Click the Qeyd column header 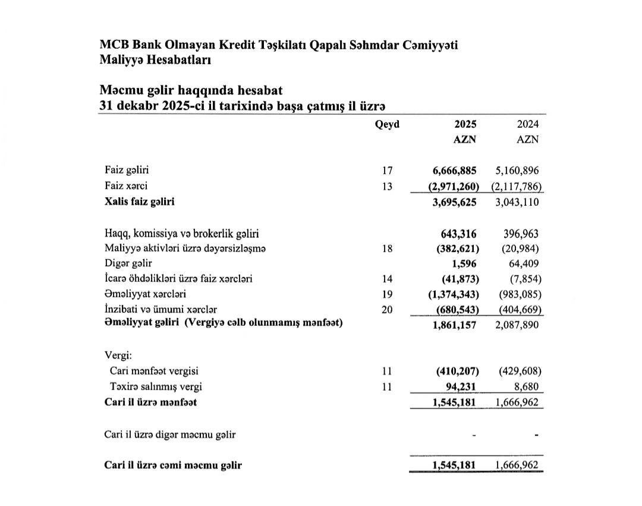coord(387,125)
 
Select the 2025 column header coord(465,125)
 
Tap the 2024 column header coord(528,125)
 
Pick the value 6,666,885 coord(455,171)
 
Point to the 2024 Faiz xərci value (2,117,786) coord(516,186)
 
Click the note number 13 coord(387,186)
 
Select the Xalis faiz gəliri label coord(140,201)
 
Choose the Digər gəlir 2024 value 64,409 coord(525,263)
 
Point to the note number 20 coord(387,309)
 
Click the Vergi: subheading coord(118,356)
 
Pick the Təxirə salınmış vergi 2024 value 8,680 coord(528,386)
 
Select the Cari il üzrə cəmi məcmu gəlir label coord(173,466)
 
